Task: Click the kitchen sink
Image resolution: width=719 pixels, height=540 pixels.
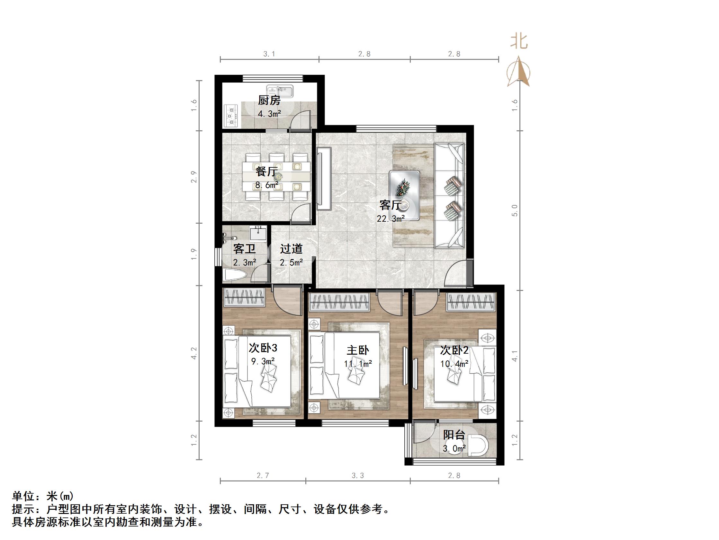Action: coord(280,91)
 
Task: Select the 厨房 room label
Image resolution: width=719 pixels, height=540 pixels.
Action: coord(269,101)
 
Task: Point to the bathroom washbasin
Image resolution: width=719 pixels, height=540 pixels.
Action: coord(258,233)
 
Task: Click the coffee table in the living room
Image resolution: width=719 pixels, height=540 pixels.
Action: coord(404,195)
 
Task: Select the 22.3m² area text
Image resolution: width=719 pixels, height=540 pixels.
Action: coord(391,219)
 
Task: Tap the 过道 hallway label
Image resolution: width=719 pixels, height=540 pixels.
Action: coord(291,249)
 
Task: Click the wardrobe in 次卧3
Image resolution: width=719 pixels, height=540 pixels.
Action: coord(244,297)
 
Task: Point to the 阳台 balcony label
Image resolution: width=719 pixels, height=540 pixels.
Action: coord(454,435)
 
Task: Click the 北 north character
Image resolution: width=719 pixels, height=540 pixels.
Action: coord(519,42)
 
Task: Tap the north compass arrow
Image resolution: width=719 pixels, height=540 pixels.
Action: coord(519,72)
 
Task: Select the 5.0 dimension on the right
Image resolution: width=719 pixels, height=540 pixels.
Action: coord(514,210)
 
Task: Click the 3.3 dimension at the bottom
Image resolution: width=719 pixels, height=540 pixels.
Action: coord(357,476)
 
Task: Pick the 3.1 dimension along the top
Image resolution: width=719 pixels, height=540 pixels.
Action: coord(269,54)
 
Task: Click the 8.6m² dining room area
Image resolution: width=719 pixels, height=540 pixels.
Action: coord(266,185)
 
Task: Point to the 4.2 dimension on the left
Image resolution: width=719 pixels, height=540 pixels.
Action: coord(194,353)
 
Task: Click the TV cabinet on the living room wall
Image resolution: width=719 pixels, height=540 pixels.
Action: coord(324,179)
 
